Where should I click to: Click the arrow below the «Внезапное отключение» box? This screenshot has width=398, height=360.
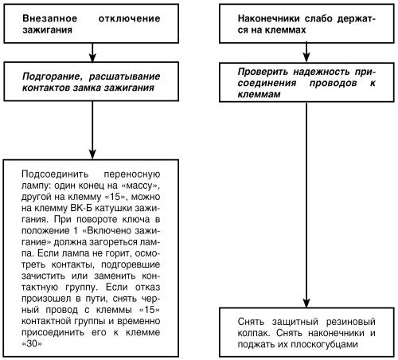tap(95, 52)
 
